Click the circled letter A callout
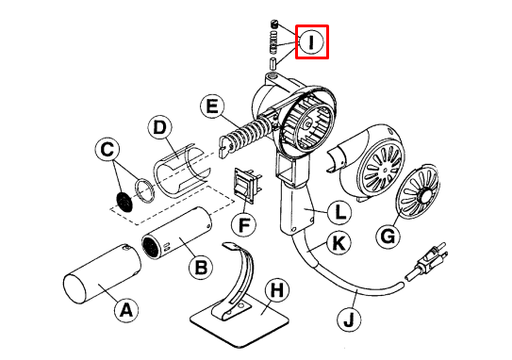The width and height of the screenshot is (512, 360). [124, 307]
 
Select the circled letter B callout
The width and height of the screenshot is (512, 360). [200, 269]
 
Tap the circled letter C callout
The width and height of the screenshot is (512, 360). [110, 149]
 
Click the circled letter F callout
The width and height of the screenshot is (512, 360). [244, 226]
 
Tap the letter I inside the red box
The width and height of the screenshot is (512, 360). [312, 41]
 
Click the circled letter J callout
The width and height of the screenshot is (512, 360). [349, 319]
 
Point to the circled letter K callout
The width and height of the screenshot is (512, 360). [337, 242]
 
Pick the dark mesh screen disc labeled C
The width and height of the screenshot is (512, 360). [122, 199]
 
